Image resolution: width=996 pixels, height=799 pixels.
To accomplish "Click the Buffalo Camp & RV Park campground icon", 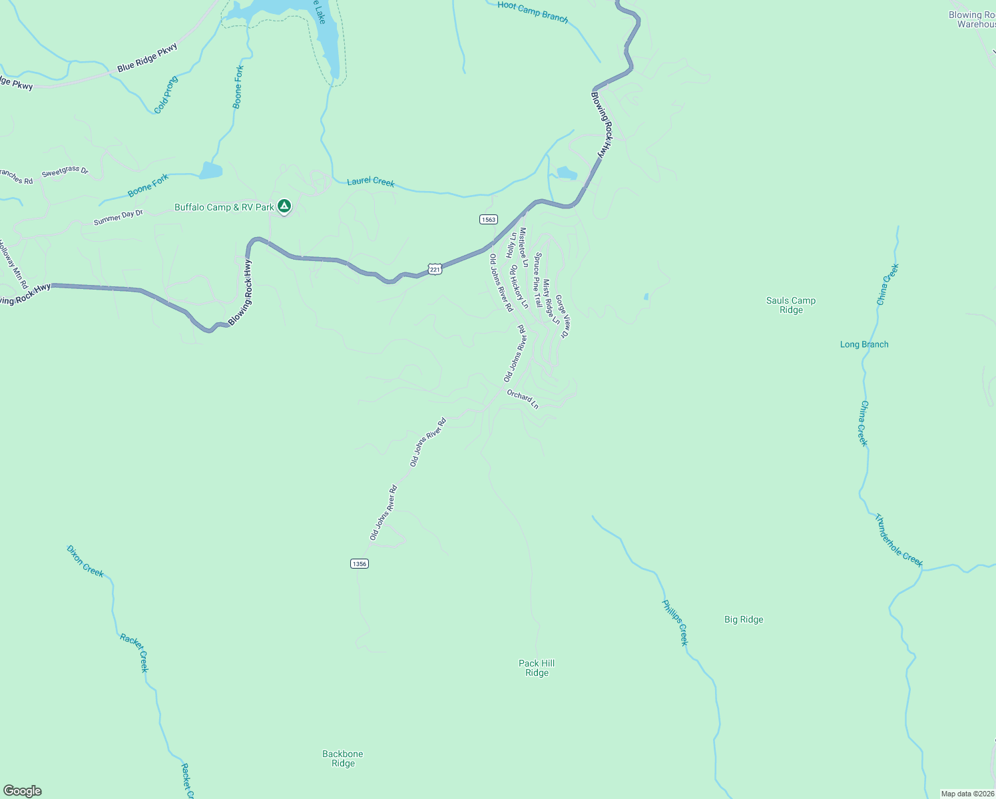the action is tap(284, 206).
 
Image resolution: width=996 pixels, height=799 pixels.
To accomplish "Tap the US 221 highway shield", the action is tap(435, 269).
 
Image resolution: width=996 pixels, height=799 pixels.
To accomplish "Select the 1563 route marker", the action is tap(489, 219).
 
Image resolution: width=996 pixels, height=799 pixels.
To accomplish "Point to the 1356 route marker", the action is tap(359, 564).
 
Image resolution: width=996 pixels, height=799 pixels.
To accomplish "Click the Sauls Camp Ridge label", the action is tap(791, 305).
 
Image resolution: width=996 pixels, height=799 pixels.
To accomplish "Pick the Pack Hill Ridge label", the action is tap(537, 668).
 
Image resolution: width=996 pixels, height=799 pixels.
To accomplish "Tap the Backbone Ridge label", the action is tap(343, 758).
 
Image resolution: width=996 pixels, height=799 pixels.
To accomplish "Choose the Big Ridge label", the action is tap(744, 620).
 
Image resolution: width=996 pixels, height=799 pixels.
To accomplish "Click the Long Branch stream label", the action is tap(864, 344).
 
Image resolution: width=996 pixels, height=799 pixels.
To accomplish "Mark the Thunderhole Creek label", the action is tap(899, 540).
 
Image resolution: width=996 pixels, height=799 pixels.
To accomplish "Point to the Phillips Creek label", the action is tap(674, 623).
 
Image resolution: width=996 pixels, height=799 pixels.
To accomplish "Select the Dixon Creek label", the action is tap(85, 561).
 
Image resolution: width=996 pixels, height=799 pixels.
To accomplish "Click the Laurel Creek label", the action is tap(371, 181).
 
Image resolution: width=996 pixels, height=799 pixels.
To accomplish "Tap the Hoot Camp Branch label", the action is tap(533, 12).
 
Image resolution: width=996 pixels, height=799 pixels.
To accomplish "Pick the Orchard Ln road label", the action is tap(522, 399).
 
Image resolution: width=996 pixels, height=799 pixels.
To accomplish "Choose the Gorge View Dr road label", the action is tap(561, 317).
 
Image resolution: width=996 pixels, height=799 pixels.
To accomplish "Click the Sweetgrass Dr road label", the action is tap(65, 172).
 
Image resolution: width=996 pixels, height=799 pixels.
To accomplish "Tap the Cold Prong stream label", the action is tap(166, 95).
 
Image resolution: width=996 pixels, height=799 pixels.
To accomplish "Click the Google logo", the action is tap(23, 791).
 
